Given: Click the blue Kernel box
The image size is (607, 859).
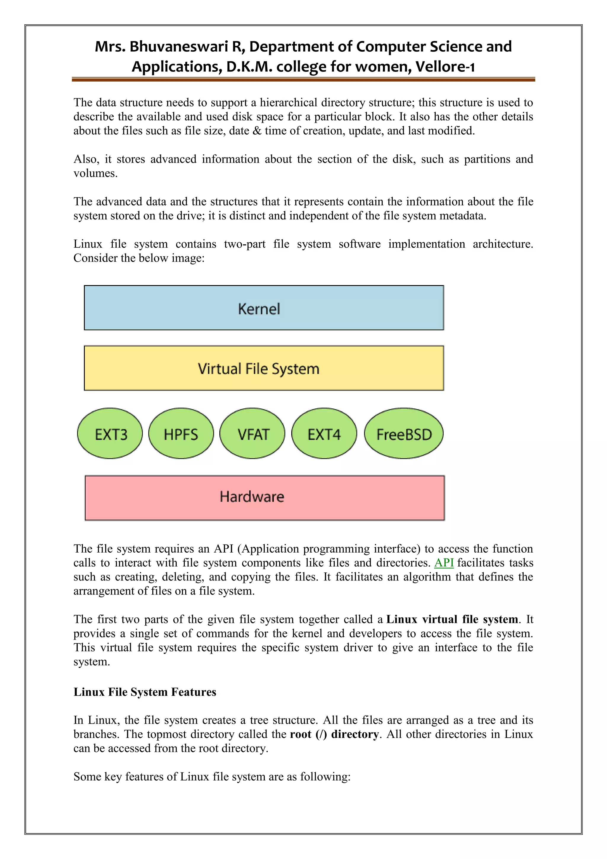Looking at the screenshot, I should coord(264,308).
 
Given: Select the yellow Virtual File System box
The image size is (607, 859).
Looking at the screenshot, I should coord(264,368).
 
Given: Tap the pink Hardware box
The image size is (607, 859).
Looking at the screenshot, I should coord(265,498).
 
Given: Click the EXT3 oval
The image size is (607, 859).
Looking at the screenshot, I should coord(110,434).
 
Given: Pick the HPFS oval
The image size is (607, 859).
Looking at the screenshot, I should coord(181,434).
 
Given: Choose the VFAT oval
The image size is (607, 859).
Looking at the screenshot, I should coord(252,434).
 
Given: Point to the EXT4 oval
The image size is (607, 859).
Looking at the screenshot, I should coord(324,434).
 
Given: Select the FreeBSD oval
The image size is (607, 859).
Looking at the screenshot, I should coord(404,434).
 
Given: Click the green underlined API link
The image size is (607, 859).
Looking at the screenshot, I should coord(444,563).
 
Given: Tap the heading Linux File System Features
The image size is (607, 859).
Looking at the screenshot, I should coord(145,692).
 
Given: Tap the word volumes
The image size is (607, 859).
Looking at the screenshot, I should coord(95,174).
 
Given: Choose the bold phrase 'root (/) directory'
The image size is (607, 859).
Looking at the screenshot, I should coord(334,734).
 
